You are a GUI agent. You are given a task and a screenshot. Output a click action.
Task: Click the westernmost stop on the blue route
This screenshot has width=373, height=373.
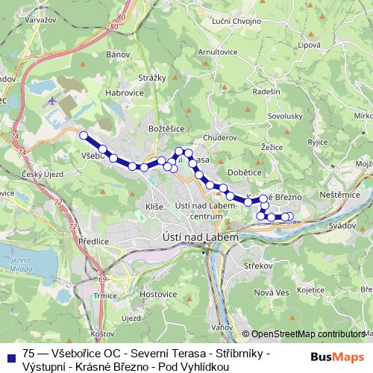pos(84,136)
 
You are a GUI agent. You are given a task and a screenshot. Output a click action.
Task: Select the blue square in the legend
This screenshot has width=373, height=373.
pos(11,356)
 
